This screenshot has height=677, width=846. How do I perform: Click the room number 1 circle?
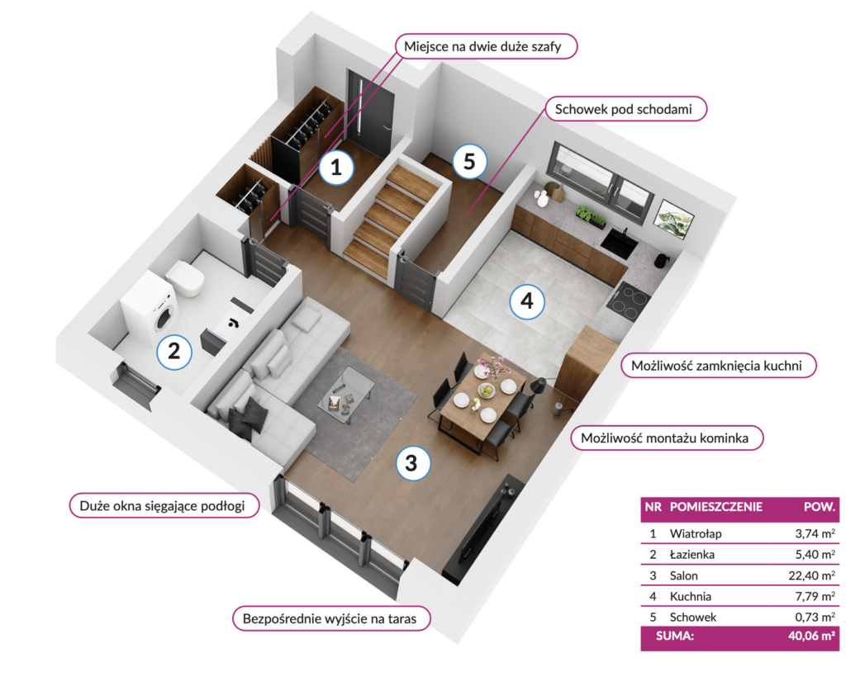[x=336, y=167]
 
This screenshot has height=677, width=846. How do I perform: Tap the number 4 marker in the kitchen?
[x=527, y=301]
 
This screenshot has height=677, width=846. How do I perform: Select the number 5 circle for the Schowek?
[x=469, y=161]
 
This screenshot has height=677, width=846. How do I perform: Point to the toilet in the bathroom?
[x=185, y=279]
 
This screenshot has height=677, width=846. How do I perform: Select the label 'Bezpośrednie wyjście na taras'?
[x=331, y=618]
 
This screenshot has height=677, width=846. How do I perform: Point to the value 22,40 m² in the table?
[x=811, y=575]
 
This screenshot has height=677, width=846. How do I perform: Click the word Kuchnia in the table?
[x=690, y=596]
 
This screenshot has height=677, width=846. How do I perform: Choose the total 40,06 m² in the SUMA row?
[x=811, y=636]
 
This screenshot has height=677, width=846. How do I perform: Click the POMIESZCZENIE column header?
[x=716, y=507]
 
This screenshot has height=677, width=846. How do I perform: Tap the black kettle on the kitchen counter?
[x=662, y=260]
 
